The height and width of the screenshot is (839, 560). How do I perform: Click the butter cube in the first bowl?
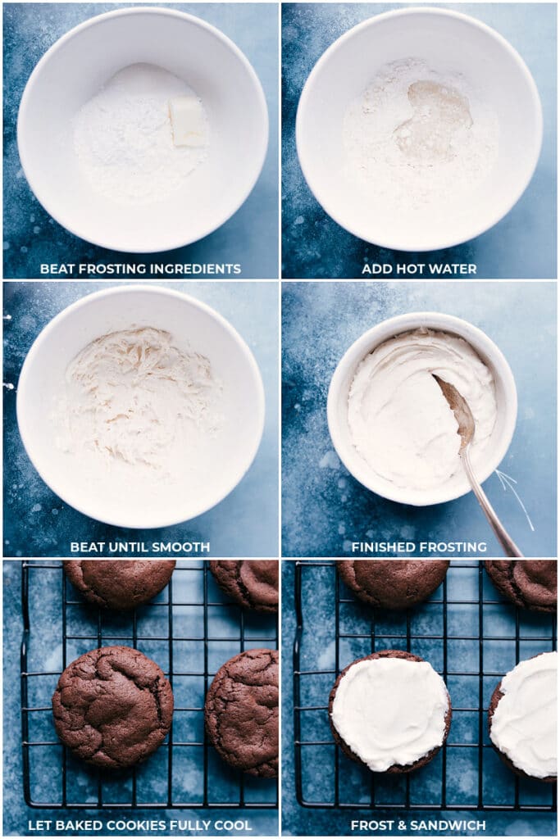click(188, 123)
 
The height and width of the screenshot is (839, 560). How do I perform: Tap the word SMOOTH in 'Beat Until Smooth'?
click(181, 547)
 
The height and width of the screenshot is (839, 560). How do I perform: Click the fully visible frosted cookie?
click(390, 710)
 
